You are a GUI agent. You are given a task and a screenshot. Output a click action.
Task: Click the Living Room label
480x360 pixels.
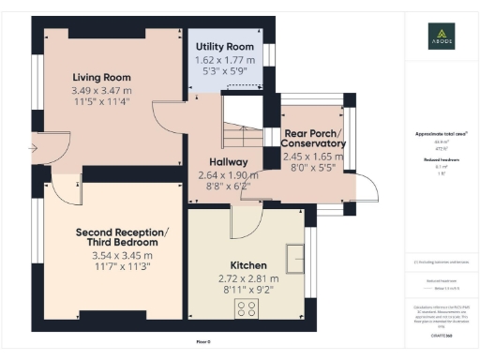pyautogui.click(x=102, y=77)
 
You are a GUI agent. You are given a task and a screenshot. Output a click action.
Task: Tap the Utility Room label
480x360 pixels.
pyautogui.click(x=224, y=47)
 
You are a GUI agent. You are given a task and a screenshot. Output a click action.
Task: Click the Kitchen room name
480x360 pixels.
pyautogui.click(x=248, y=265)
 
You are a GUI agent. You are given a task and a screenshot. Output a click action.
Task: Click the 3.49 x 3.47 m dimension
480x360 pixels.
pyautogui.click(x=102, y=90)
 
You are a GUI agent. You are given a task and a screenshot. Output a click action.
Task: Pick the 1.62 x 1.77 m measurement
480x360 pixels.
pyautogui.click(x=224, y=60)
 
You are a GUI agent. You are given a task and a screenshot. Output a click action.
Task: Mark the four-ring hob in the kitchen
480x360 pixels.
pyautogui.click(x=249, y=309)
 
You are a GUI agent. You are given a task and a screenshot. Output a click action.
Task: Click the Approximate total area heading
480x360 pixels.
pyautogui.click(x=441, y=134)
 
